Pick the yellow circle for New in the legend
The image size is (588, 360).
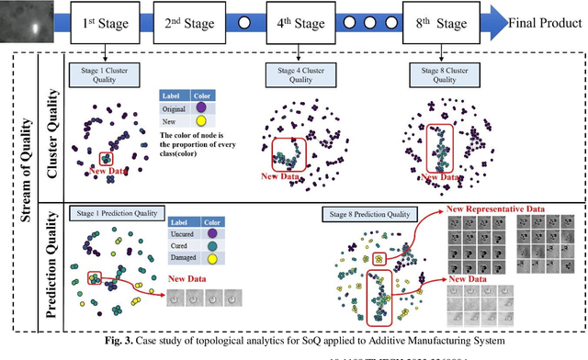coord(200,123)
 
